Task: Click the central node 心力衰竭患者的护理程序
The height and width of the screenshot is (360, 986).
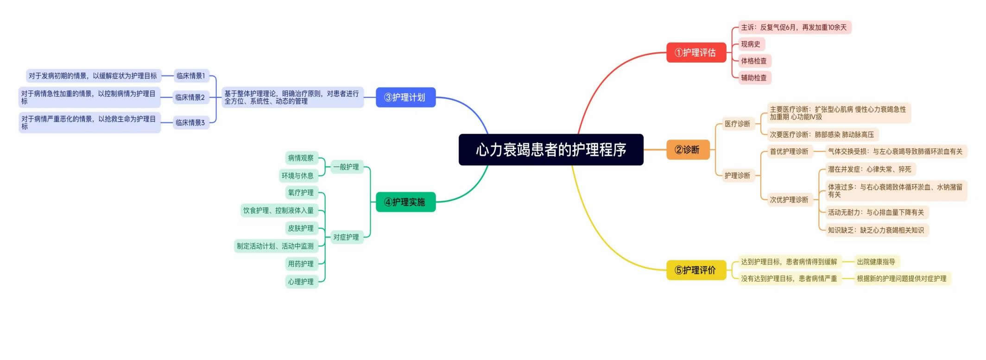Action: tap(551, 150)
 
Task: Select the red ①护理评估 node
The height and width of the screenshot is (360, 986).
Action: tap(695, 53)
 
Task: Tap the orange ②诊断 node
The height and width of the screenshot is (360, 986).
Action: tap(688, 150)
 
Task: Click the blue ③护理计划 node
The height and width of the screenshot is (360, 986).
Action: tap(405, 97)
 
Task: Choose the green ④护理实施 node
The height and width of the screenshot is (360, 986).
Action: tap(405, 202)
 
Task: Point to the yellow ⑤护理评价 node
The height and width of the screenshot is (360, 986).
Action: tap(695, 270)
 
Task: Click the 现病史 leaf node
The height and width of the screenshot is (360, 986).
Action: tap(751, 44)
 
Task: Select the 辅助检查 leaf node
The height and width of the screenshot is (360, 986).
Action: tap(754, 77)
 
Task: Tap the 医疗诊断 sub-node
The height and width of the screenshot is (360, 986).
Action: tap(737, 124)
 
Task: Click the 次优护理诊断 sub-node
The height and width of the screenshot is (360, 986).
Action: tap(789, 200)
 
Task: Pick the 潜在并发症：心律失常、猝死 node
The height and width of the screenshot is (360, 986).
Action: tap(869, 169)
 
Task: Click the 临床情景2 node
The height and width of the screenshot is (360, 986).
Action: tap(190, 97)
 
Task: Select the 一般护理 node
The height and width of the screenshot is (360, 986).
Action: tap(346, 167)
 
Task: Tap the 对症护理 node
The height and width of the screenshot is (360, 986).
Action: tap(346, 237)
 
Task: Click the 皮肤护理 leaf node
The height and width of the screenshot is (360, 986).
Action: tap(301, 228)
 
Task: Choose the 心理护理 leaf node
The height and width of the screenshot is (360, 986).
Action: tap(301, 281)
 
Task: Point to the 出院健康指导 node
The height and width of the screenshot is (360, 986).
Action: tap(876, 262)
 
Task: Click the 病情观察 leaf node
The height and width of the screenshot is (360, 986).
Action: tap(301, 158)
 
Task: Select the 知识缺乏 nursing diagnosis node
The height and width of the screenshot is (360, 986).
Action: tap(876, 230)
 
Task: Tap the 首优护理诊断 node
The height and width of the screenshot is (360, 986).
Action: tap(789, 152)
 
